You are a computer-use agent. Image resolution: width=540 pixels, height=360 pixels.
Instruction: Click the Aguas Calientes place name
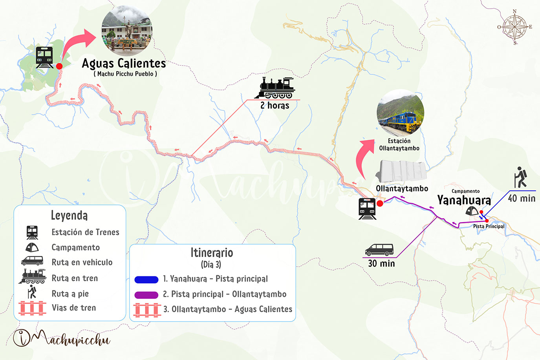pos(124,63)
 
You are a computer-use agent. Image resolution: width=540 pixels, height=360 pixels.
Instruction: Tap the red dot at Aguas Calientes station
pos(59,66)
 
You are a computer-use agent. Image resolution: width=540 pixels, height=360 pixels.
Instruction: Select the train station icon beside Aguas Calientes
pos(44,57)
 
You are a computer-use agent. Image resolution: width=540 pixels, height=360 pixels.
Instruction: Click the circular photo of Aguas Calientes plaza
pos(127,31)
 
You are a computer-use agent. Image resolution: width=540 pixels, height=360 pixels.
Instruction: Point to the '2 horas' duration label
pos(275,106)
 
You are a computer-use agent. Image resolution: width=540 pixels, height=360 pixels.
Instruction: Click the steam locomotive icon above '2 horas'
pos(275,88)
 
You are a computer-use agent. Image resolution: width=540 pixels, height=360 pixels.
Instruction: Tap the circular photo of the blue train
pos(400,113)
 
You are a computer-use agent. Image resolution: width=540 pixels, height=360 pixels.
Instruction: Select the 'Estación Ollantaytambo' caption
pos(399,144)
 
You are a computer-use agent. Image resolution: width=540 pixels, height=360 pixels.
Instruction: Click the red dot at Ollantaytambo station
pos(380,203)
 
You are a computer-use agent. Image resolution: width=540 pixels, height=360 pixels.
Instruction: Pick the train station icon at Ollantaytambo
pos(367,208)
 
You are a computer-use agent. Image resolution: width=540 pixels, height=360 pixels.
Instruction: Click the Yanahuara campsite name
pos(464,200)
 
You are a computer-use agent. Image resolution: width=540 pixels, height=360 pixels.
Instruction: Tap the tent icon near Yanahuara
pos(472,211)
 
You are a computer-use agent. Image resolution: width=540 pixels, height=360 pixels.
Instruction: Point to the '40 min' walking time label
pos(522,198)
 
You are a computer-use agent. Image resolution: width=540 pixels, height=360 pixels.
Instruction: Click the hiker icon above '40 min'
pos(521,177)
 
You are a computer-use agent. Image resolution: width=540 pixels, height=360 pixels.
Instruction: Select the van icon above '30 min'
pos(379,250)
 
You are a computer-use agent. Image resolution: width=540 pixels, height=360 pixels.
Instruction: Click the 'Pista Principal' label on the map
pos(489,227)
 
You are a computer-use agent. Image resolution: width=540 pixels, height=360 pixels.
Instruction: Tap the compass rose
pos(514,27)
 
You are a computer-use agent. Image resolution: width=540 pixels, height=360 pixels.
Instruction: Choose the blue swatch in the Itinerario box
pos(146,280)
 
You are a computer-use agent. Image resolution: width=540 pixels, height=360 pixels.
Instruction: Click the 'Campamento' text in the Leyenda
pos(76,247)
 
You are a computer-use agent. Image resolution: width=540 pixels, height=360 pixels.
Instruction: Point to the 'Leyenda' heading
pos(69,215)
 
